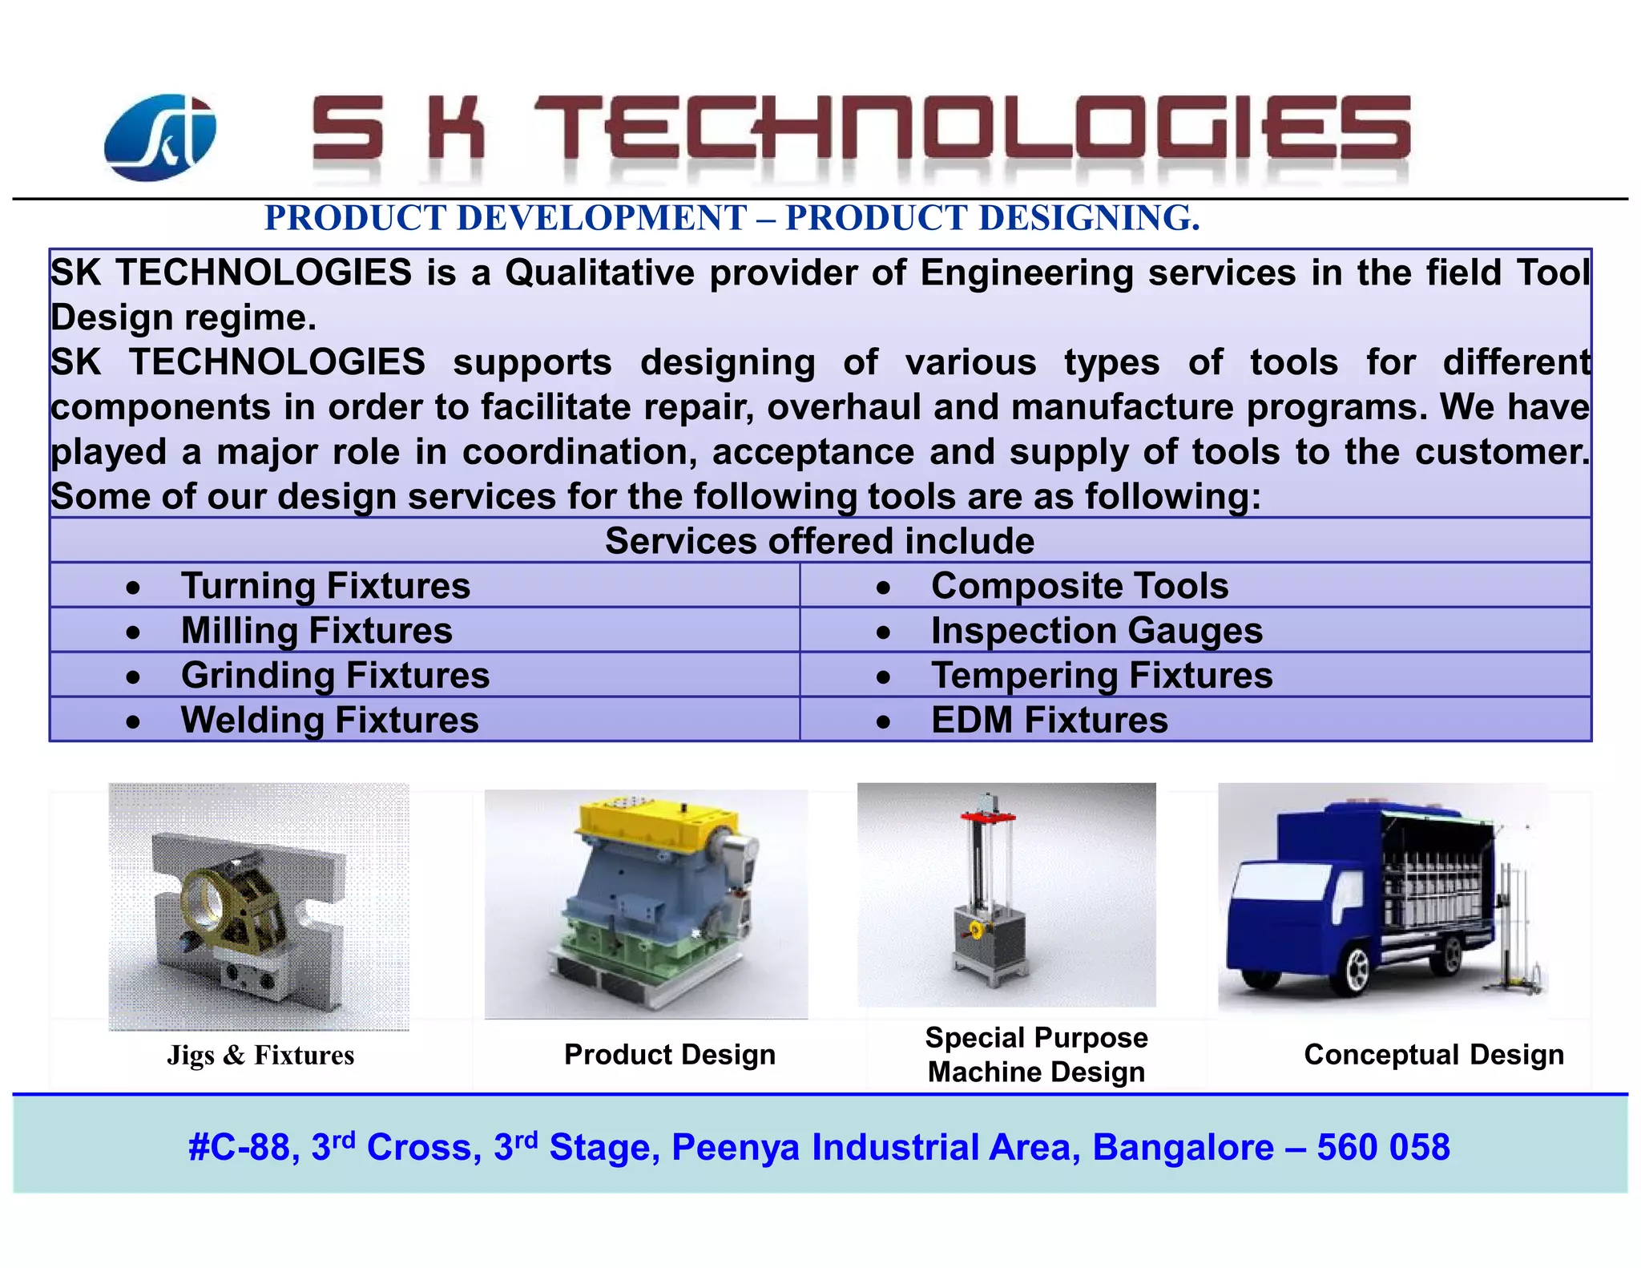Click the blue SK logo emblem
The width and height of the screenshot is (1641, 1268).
coord(160,137)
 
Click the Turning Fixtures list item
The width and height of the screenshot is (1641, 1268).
coord(325,586)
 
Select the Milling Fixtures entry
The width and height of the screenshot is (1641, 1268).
coord(316,631)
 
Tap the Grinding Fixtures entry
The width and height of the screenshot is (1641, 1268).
coord(334,676)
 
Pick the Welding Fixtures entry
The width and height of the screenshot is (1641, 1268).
coord(329,721)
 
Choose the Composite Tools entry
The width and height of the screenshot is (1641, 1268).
coord(1079,586)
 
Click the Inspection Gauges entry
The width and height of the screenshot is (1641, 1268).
coord(1096,631)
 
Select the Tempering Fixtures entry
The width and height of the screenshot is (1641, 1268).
coord(1101,676)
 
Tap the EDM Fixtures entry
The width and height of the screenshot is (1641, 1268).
coord(1049,721)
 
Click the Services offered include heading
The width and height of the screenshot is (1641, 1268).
coord(819,541)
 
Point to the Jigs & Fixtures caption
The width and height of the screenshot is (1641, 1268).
coord(260,1055)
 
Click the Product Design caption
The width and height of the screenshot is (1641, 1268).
coord(670,1055)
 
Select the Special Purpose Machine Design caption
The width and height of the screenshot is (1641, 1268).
coord(1036,1055)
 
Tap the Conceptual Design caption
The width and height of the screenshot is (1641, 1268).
coord(1433,1055)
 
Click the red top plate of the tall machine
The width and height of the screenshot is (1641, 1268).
coord(988,817)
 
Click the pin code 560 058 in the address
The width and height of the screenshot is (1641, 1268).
coord(1383,1148)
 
